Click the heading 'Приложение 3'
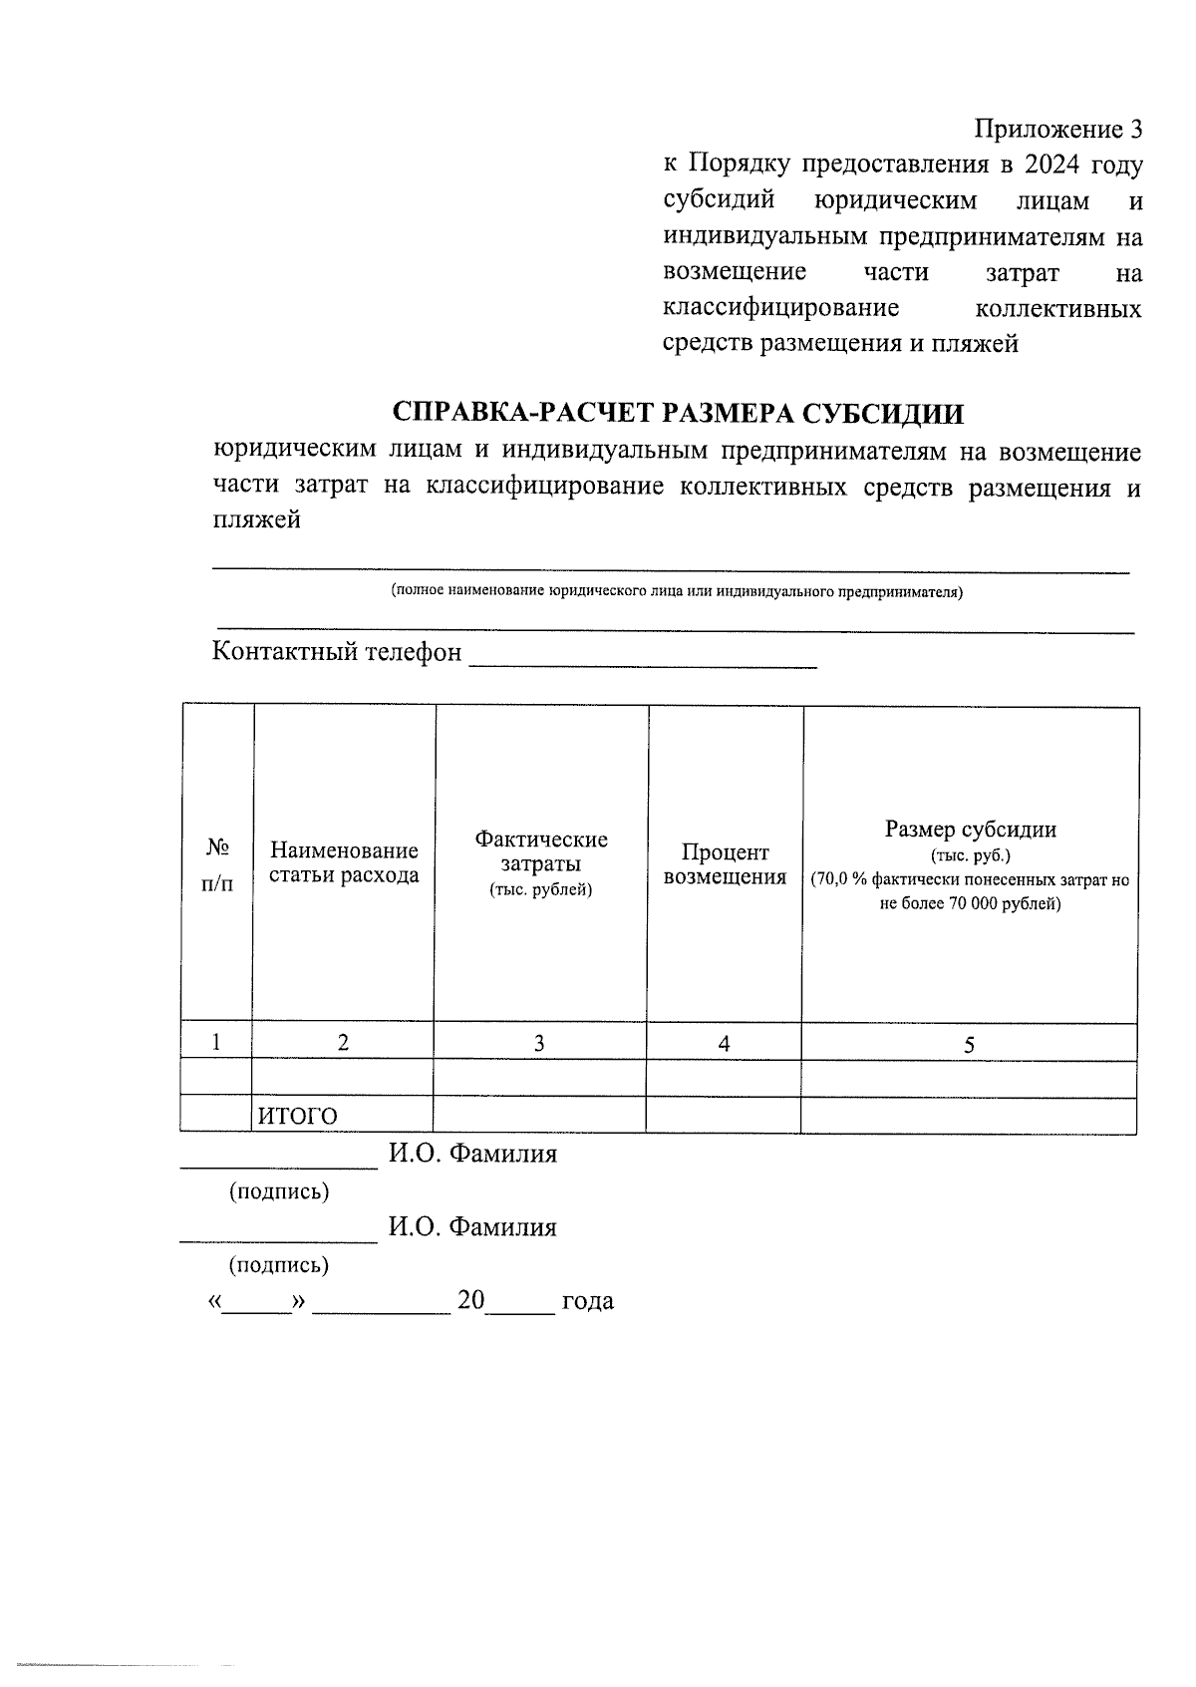(x=1057, y=130)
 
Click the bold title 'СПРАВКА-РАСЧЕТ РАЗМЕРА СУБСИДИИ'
(x=679, y=413)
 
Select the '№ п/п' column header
(x=218, y=864)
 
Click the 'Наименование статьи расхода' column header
(x=344, y=863)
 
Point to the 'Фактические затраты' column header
(x=541, y=863)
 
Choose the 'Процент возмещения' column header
(x=725, y=864)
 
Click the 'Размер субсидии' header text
(x=970, y=830)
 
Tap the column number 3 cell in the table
(x=539, y=1044)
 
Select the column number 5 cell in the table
(x=969, y=1045)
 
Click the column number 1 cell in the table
(x=216, y=1043)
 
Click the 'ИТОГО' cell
(x=298, y=1117)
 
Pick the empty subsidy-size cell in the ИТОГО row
(x=969, y=1117)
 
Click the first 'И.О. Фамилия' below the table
(x=472, y=1155)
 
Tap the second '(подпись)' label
(x=279, y=1265)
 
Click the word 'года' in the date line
(x=588, y=1301)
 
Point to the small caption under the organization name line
(x=677, y=591)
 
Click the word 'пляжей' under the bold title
(x=256, y=520)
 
